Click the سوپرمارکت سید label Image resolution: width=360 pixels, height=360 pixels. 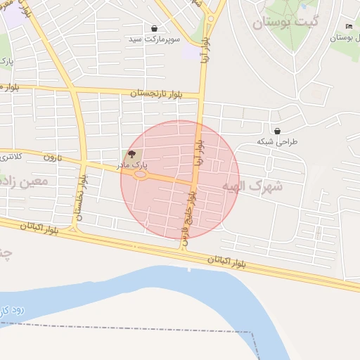154,40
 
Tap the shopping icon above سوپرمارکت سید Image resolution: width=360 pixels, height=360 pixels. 154,29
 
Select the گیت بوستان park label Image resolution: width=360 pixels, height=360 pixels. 286,23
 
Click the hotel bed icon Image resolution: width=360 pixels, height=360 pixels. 349,27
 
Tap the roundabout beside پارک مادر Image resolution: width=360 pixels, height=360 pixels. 141,176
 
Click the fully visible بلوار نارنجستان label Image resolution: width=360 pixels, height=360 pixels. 155,94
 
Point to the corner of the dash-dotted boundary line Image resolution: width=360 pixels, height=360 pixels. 251,333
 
